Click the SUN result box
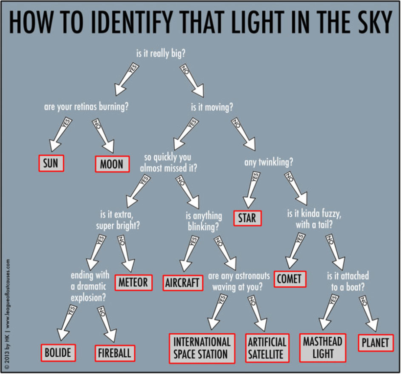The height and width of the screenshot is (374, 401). click(50, 163)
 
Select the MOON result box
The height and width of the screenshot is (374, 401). click(111, 164)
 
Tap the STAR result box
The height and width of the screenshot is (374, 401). click(247, 218)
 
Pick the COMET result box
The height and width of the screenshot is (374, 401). click(290, 278)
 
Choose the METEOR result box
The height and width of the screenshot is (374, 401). click(134, 282)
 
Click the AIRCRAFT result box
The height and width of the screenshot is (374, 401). click(183, 283)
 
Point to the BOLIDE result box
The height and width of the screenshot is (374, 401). click(57, 352)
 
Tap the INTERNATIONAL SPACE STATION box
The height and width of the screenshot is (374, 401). click(202, 348)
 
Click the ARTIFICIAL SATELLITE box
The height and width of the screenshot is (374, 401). click(267, 348)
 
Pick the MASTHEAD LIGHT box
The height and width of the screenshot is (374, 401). click(323, 348)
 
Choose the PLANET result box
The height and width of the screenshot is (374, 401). click(375, 343)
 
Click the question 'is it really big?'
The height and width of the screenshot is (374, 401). click(161, 54)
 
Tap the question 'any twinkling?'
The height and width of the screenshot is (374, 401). click(268, 163)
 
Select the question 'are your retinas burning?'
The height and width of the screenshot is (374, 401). click(86, 107)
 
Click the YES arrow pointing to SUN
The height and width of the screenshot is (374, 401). click(61, 134)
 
